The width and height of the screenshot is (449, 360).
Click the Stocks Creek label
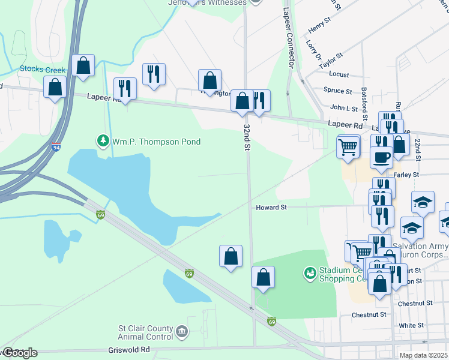(43, 69)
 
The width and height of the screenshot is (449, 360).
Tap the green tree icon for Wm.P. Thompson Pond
(103, 141)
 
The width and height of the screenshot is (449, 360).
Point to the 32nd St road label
(247, 137)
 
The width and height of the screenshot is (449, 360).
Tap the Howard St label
(272, 207)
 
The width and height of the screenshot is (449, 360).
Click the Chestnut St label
(368, 314)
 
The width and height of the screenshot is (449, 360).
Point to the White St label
(411, 325)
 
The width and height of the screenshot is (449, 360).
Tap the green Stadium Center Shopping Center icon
(310, 274)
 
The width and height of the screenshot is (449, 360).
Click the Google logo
(19, 353)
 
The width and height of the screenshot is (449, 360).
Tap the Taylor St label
(331, 60)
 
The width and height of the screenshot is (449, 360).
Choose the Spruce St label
(337, 91)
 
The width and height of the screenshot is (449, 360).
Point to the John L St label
(344, 109)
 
